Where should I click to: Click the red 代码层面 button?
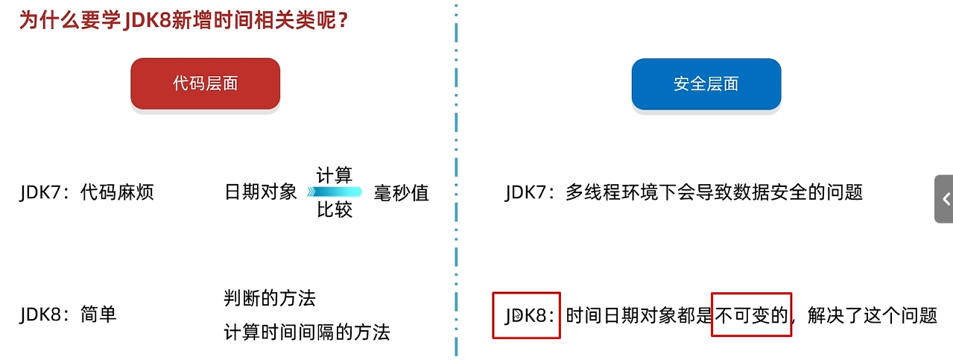coord(205,83)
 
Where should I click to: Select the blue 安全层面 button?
coord(706,83)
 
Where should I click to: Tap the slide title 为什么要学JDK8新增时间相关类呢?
coord(183,20)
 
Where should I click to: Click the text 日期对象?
coord(261,192)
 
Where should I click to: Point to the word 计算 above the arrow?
coord(334,176)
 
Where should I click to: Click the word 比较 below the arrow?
coord(334,210)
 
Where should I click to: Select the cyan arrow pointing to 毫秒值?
coord(335,192)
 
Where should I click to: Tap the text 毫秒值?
coord(401,192)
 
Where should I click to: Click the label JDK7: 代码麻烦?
coord(86,192)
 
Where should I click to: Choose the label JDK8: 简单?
coord(68,315)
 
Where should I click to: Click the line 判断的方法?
coord(270,299)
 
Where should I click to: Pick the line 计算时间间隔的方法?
coord(307,332)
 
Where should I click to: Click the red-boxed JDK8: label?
coord(526,315)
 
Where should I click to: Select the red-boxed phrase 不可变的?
coord(751,315)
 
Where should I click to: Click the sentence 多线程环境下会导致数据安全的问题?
coord(714,192)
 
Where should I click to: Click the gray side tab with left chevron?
coord(945,199)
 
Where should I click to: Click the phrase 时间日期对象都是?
coord(639,315)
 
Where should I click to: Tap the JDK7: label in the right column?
coord(530,192)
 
